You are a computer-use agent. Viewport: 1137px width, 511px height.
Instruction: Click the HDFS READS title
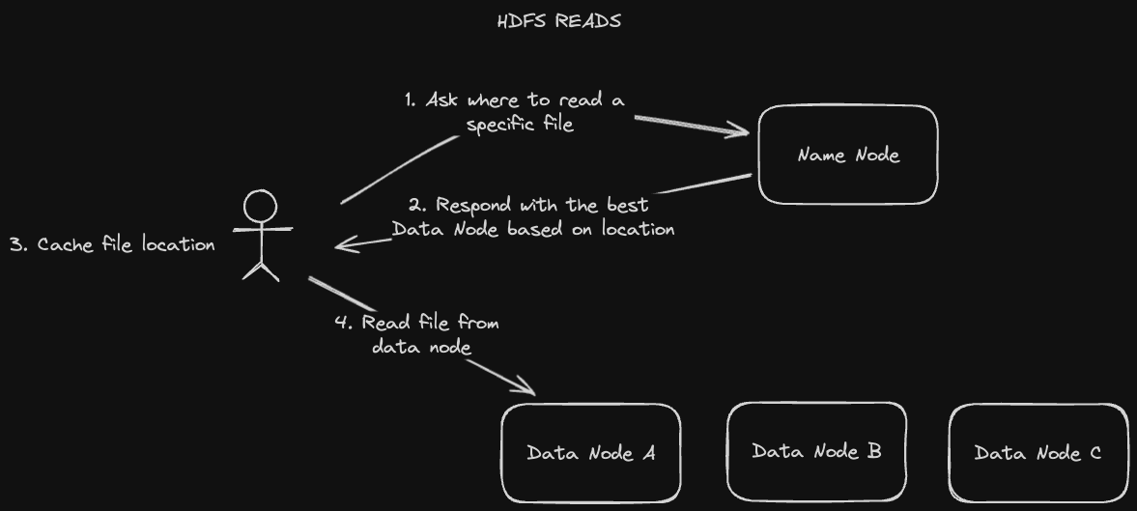pos(558,21)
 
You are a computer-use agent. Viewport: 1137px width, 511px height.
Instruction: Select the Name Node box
pos(848,155)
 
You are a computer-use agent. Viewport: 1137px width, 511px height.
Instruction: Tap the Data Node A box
pos(590,452)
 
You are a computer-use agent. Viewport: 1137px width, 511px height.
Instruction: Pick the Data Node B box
pos(816,450)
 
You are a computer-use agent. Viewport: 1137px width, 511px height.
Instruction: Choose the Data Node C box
pos(1038,452)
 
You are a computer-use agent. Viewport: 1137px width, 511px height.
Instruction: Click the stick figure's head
pos(260,206)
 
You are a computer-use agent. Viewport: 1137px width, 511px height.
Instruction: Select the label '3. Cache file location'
pos(112,244)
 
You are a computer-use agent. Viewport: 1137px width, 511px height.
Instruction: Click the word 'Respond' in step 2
pos(474,205)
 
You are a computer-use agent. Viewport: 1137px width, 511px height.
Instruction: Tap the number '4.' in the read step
pos(344,323)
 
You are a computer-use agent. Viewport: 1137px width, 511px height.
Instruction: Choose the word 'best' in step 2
pos(627,205)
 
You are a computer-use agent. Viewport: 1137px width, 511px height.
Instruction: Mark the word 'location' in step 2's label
pos(638,229)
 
